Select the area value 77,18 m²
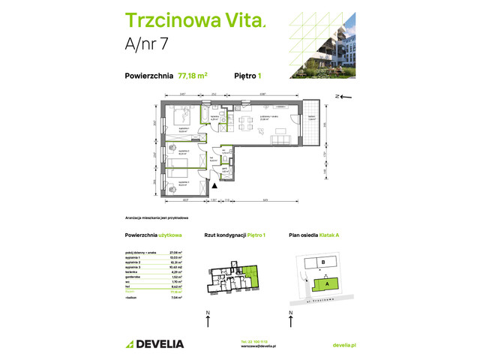pyautogui.click(x=193, y=75)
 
